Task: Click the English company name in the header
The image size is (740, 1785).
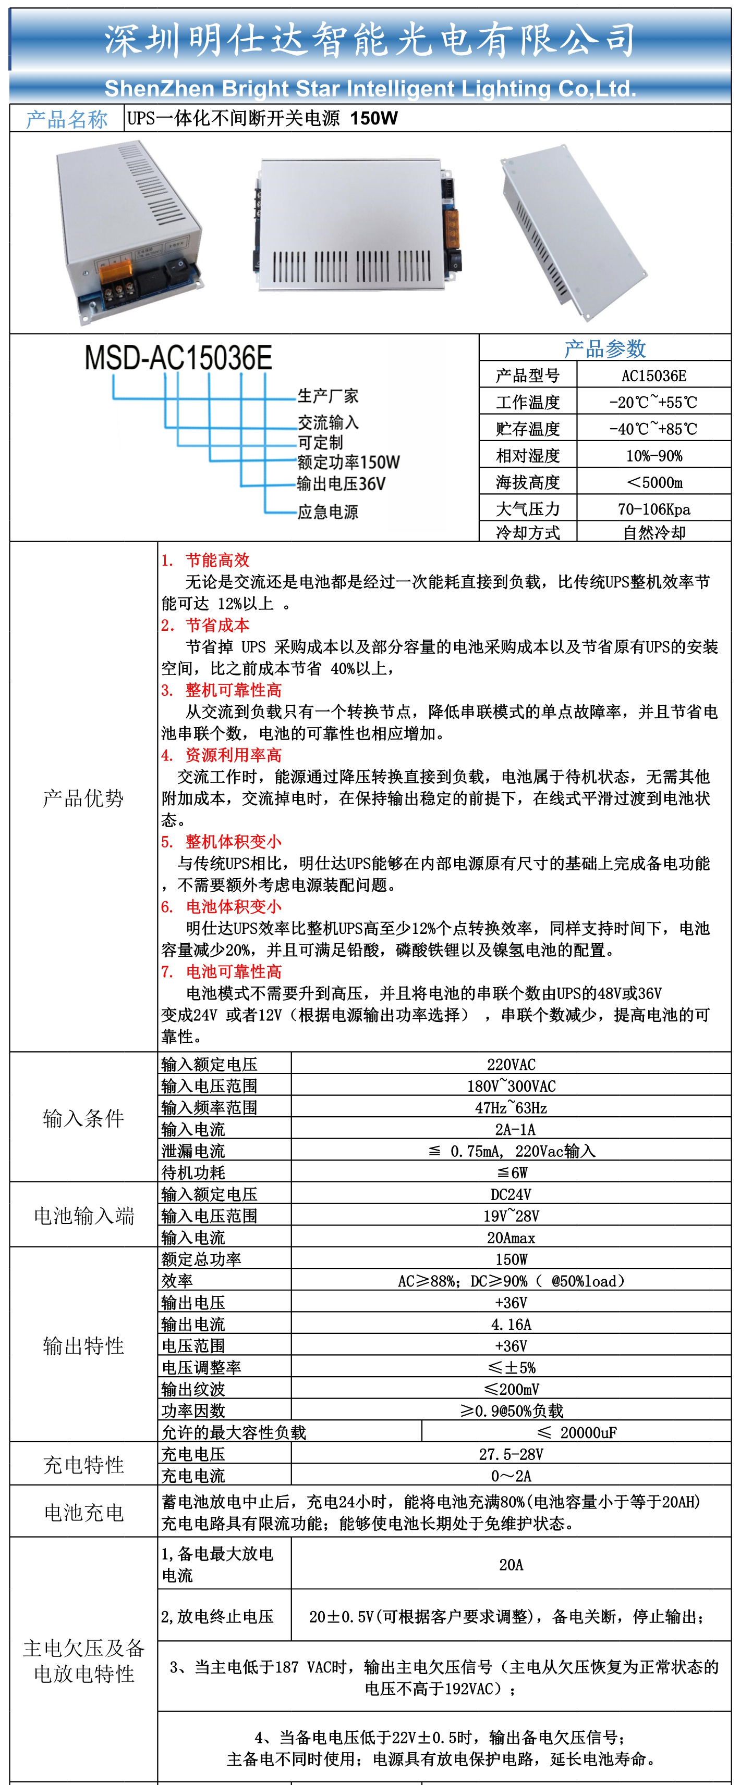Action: tap(370, 89)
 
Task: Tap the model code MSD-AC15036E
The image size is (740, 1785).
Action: tap(178, 358)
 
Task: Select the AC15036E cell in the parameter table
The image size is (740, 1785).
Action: tap(653, 376)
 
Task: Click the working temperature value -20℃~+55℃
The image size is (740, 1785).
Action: tap(653, 402)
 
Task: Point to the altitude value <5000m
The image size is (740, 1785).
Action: tap(653, 482)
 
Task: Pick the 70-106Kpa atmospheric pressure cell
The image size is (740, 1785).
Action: tap(653, 509)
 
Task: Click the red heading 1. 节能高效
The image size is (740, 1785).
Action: tap(205, 560)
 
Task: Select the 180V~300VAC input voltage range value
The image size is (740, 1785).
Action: tap(511, 1086)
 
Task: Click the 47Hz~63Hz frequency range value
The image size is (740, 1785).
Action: tap(511, 1107)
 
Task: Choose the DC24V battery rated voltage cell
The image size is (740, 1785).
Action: tap(511, 1194)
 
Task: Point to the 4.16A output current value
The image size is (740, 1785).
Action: tap(511, 1324)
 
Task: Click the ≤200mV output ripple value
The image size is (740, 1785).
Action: tap(511, 1389)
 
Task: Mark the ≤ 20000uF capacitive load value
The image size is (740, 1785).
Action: tap(577, 1432)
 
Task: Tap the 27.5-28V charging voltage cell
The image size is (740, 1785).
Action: tap(511, 1454)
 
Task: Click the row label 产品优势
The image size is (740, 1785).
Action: tap(83, 798)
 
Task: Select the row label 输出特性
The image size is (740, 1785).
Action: tap(83, 1346)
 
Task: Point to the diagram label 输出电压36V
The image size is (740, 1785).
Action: tap(341, 484)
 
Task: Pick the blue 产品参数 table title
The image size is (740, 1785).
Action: tap(605, 348)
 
